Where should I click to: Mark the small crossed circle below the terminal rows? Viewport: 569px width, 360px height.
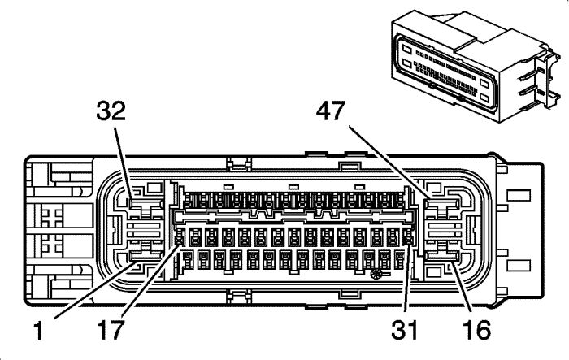(x=376, y=277)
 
